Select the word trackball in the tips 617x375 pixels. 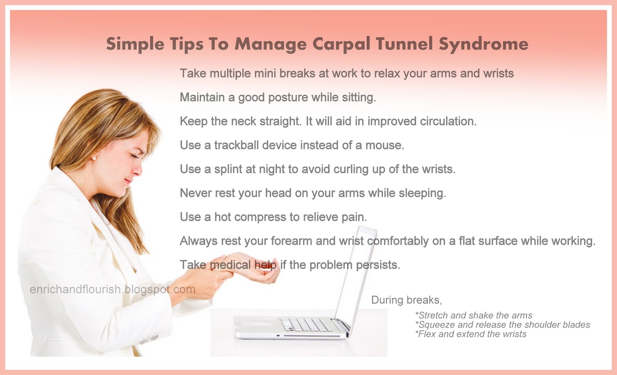(x=236, y=145)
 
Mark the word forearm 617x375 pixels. (x=291, y=241)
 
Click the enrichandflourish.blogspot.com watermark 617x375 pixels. (x=112, y=289)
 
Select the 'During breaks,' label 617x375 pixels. (x=406, y=300)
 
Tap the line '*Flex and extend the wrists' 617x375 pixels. (x=471, y=334)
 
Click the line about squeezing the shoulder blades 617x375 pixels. (x=502, y=325)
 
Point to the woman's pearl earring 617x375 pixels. (x=94, y=158)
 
